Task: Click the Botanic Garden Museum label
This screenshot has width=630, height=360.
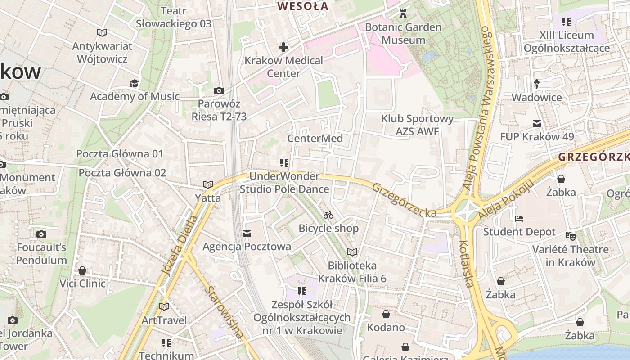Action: click(x=403, y=34)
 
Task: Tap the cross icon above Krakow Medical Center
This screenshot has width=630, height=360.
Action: click(x=283, y=47)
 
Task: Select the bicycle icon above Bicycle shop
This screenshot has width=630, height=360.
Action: click(x=328, y=215)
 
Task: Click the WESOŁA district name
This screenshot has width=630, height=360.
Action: click(x=303, y=6)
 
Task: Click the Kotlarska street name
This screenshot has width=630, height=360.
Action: click(x=467, y=263)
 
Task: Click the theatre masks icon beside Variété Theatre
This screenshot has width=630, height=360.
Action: click(x=571, y=235)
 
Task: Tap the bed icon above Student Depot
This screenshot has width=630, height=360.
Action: click(x=519, y=219)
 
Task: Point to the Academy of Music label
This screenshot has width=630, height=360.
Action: click(x=135, y=96)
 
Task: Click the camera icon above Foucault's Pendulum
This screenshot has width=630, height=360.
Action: click(x=41, y=234)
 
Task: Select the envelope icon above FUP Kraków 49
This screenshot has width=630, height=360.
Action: click(x=536, y=123)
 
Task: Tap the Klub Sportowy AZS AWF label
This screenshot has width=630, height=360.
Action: click(x=417, y=125)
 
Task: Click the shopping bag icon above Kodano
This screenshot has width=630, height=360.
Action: click(x=386, y=314)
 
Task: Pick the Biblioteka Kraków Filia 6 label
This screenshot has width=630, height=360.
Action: click(x=352, y=272)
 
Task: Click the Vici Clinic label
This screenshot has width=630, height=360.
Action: click(x=83, y=283)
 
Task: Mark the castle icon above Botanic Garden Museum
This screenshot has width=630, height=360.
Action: click(x=403, y=14)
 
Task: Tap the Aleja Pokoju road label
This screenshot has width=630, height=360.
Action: click(x=506, y=200)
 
